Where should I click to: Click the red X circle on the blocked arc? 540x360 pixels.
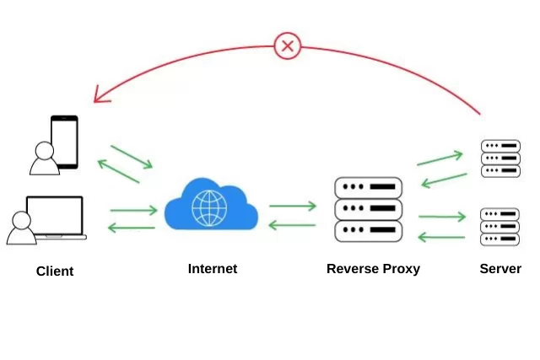coord(288,46)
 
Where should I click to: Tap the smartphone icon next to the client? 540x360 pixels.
coord(65,142)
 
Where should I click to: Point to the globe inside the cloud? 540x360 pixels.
coord(209,207)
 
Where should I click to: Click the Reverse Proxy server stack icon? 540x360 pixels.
coord(369,209)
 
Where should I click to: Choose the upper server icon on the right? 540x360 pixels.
coord(500,159)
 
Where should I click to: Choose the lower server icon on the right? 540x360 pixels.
coord(500,227)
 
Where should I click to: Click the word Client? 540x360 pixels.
coord(55,271)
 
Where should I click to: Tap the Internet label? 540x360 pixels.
coord(213,269)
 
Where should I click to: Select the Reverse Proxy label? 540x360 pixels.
coord(373,269)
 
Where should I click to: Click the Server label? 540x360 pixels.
coord(500,269)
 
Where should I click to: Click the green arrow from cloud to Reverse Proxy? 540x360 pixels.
coord(293,205)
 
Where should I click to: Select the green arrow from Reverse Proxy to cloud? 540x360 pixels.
coord(293,224)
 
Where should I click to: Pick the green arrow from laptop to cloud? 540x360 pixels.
coord(133,210)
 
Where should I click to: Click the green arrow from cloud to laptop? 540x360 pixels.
coord(132,228)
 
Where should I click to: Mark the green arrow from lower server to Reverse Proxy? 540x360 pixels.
coord(441,237)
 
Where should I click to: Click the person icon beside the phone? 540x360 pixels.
coord(42,159)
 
